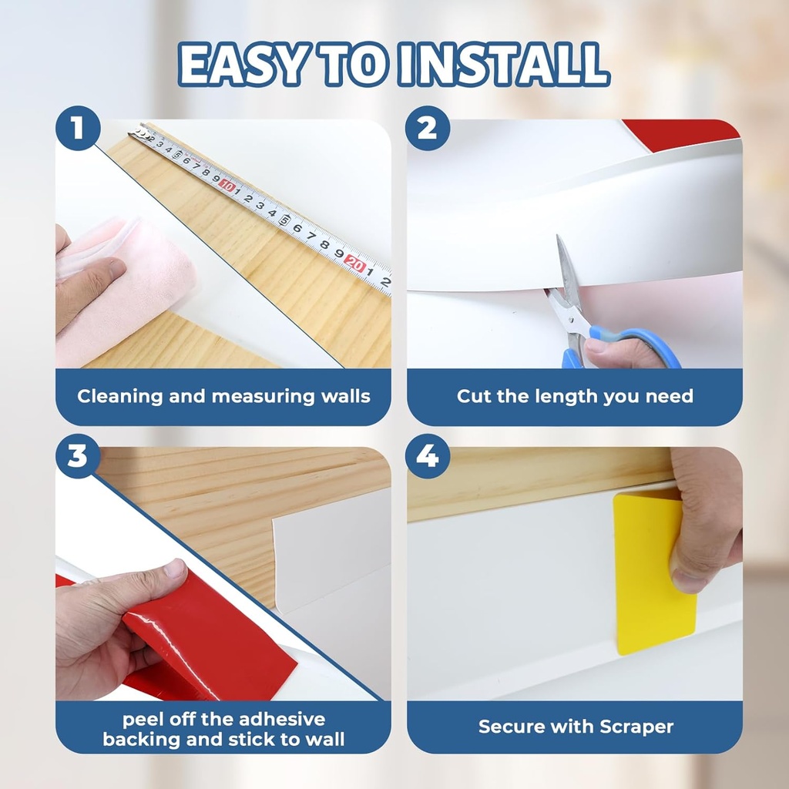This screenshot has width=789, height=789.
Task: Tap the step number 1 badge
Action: [x=77, y=129]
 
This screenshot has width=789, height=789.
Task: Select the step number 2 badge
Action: [x=428, y=129]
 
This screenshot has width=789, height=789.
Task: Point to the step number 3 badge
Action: [x=77, y=457]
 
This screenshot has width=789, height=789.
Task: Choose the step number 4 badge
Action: [x=428, y=457]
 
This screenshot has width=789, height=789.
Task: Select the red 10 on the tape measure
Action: [x=227, y=186]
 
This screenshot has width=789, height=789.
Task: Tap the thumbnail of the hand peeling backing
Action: [x=175, y=571]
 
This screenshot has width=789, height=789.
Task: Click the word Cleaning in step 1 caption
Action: [x=119, y=397]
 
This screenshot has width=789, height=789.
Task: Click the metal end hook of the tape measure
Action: [x=137, y=132]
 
